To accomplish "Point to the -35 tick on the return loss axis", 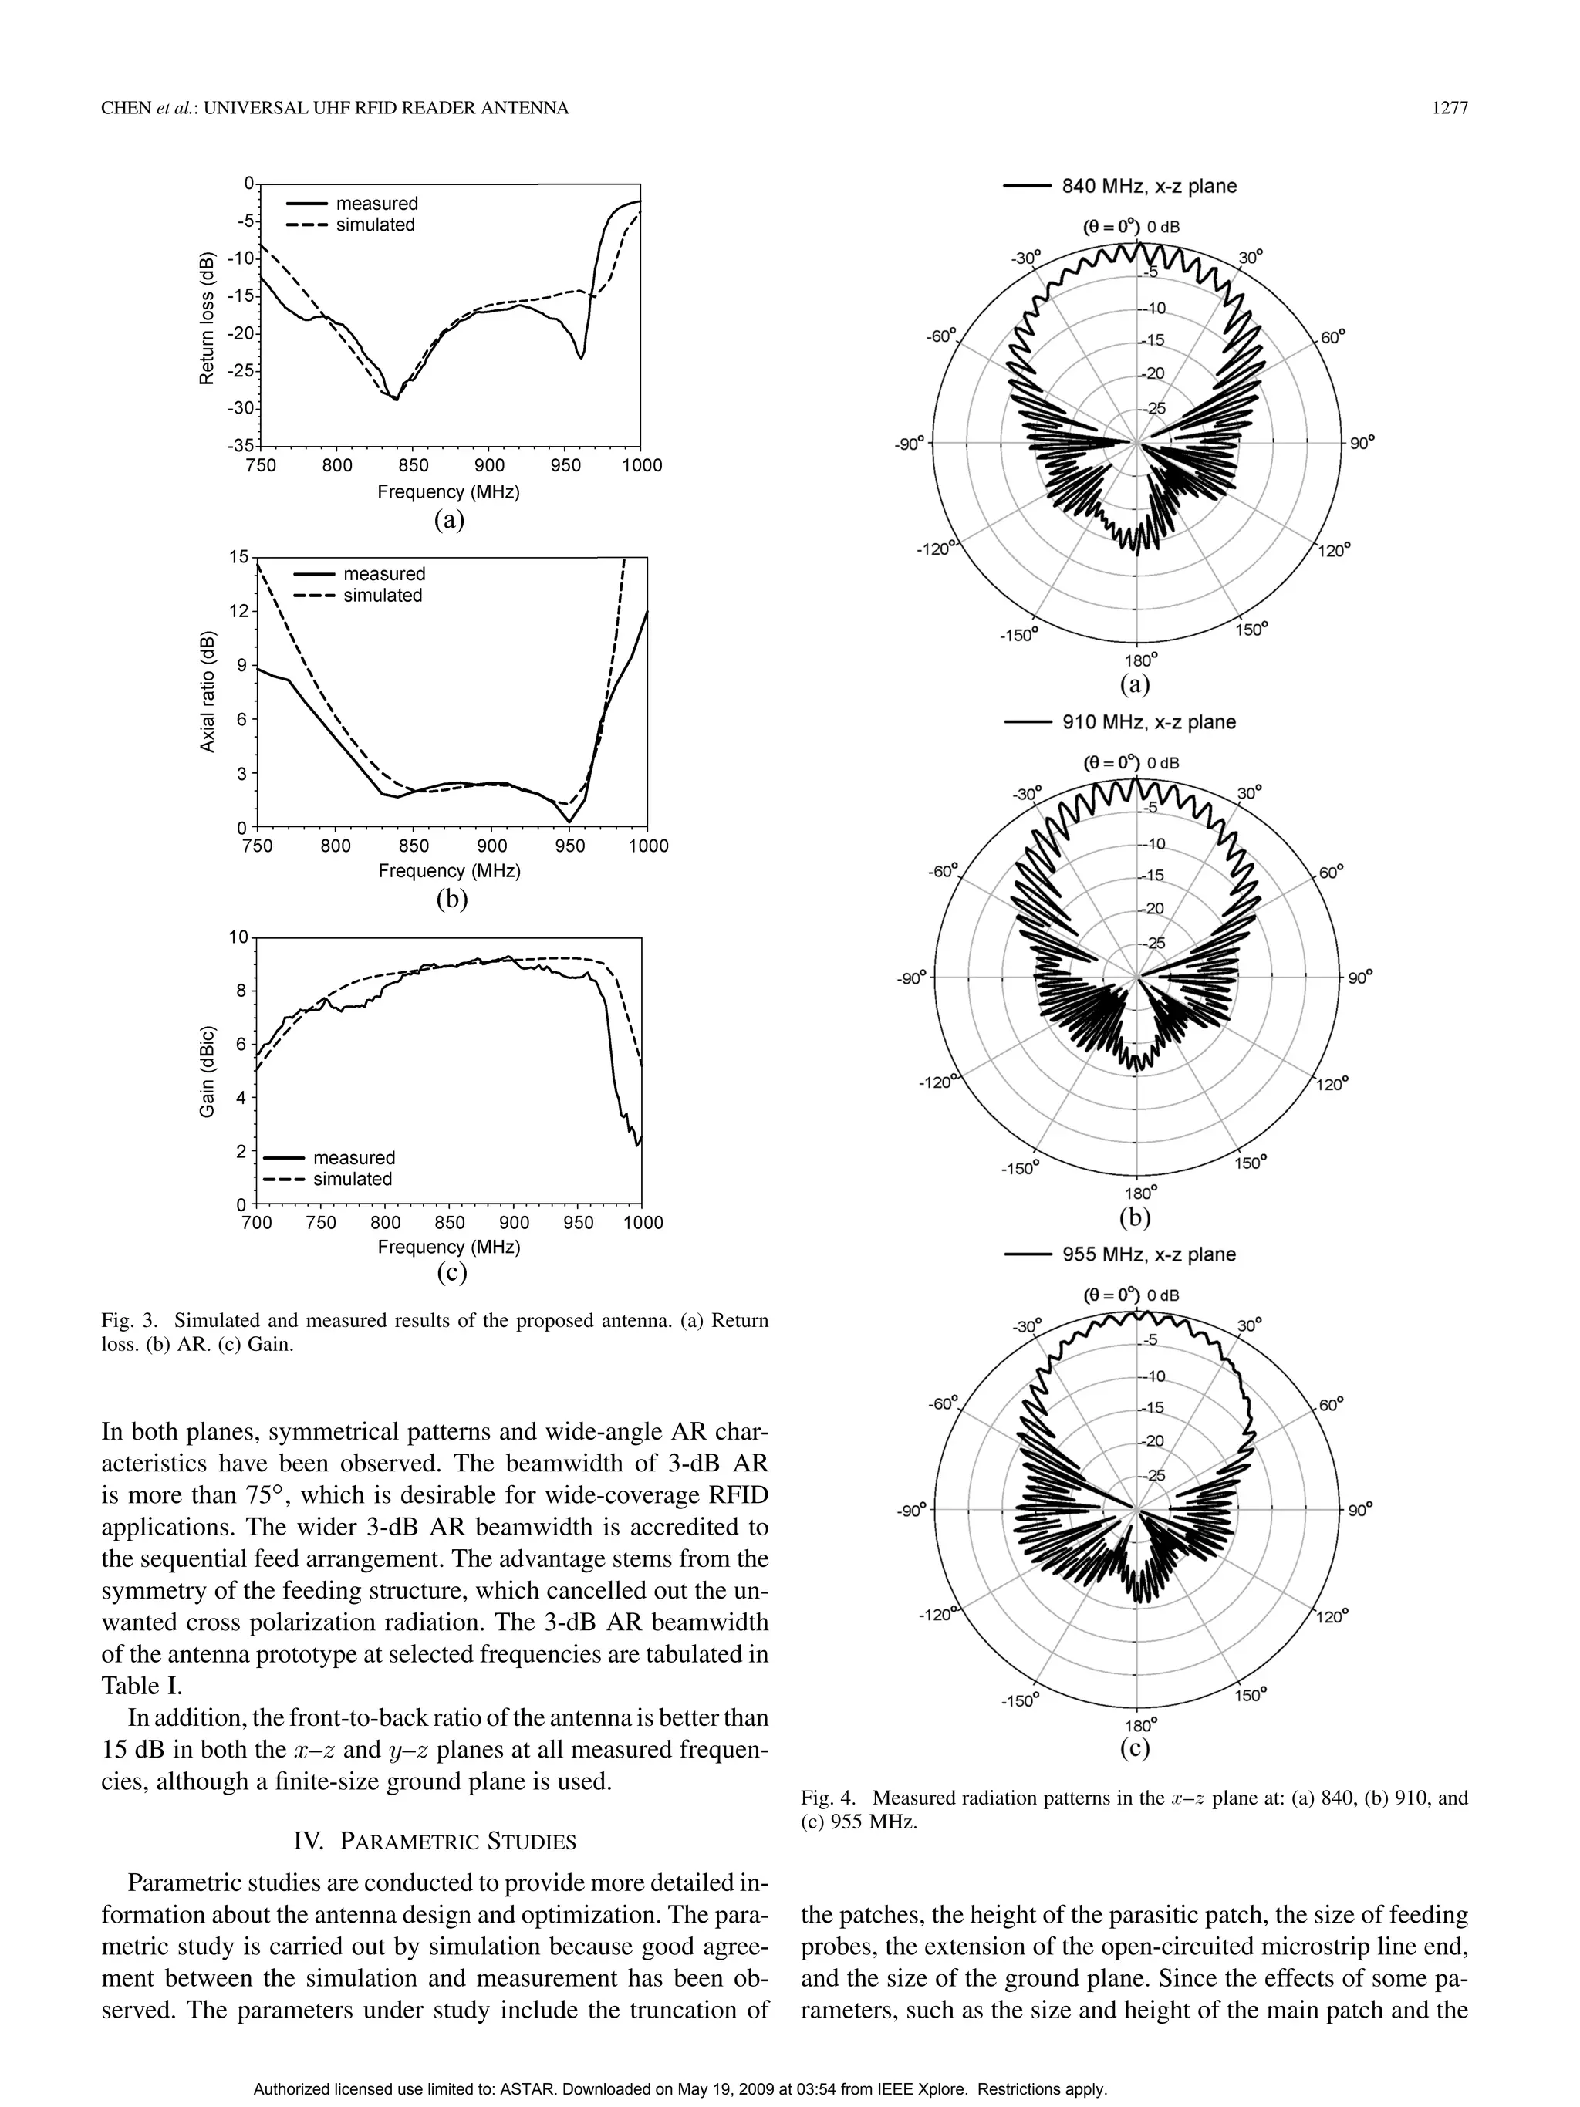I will pos(242,446).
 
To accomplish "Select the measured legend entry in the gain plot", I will pos(353,1157).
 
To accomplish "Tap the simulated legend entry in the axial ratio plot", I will pos(382,596).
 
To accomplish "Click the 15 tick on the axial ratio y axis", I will pos(238,556).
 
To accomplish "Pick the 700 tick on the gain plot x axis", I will pos(256,1222).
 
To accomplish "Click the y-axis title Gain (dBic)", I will pos(207,1071).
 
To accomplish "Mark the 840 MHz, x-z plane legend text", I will pos(1149,187).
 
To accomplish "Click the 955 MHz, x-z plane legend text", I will pos(1149,1254).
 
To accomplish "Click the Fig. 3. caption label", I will pos(130,1321).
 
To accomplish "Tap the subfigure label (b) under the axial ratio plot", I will pos(451,897).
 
